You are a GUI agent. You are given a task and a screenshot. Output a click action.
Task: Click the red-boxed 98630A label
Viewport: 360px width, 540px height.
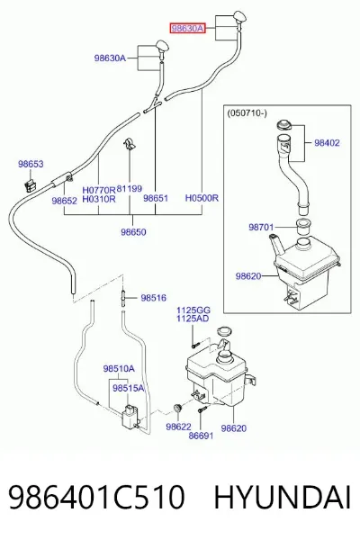pyautogui.click(x=187, y=28)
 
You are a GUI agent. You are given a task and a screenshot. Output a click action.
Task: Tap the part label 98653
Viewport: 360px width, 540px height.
pyautogui.click(x=31, y=164)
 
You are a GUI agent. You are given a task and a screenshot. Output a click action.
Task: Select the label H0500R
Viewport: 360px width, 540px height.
pyautogui.click(x=202, y=198)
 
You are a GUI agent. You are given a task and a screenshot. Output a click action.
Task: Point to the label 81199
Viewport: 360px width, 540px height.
pyautogui.click(x=130, y=189)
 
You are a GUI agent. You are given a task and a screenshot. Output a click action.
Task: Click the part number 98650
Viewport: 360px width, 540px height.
pyautogui.click(x=133, y=232)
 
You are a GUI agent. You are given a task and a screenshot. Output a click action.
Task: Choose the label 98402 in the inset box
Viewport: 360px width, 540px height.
pyautogui.click(x=327, y=142)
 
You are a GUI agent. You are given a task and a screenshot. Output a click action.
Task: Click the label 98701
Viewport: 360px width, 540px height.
pyautogui.click(x=261, y=227)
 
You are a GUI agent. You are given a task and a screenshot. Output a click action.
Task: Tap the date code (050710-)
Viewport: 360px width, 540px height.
pyautogui.click(x=247, y=113)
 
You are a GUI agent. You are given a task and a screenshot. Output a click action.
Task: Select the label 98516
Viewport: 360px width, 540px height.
pyautogui.click(x=153, y=298)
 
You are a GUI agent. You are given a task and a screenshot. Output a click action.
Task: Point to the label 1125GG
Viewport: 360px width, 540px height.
pyautogui.click(x=193, y=310)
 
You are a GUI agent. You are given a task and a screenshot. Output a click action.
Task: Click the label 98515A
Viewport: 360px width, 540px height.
pyautogui.click(x=128, y=388)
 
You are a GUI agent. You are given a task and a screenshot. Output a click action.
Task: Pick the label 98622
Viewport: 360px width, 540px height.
pyautogui.click(x=178, y=427)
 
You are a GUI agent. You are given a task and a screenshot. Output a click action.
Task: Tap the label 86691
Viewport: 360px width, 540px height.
pyautogui.click(x=202, y=436)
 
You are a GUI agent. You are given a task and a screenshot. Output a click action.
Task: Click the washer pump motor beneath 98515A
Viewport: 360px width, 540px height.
pyautogui.click(x=130, y=418)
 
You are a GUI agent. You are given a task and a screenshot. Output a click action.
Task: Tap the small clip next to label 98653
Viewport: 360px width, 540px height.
pyautogui.click(x=31, y=185)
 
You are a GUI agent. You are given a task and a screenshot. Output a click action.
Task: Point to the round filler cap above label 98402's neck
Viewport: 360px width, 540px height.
pyautogui.click(x=284, y=125)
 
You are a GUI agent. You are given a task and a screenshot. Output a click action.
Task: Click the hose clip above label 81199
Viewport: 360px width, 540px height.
pyautogui.click(x=130, y=145)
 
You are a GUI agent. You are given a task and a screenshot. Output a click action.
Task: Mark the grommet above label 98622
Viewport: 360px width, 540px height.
pyautogui.click(x=178, y=409)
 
